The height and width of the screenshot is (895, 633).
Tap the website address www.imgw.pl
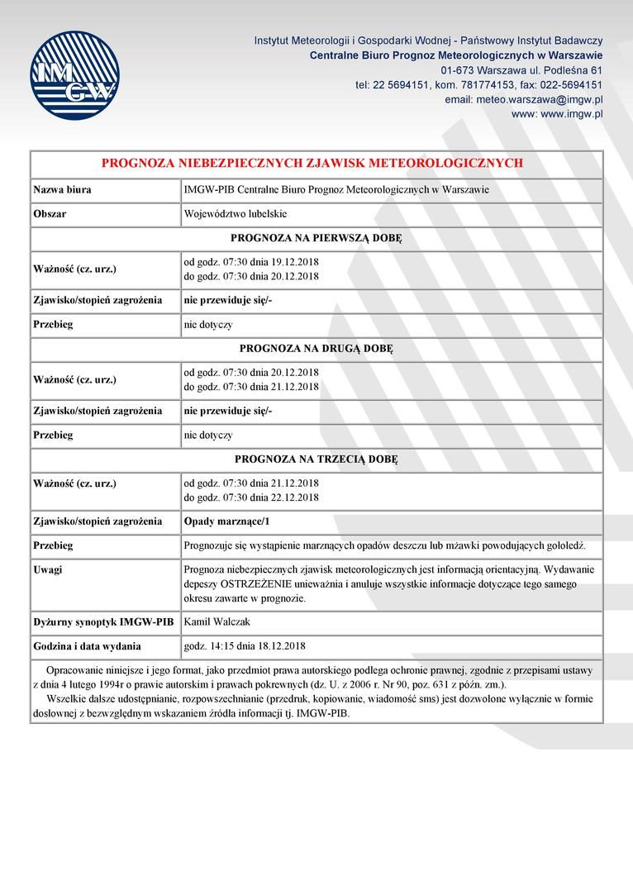[557, 114]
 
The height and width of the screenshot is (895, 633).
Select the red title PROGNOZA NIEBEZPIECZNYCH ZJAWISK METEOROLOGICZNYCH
[312, 164]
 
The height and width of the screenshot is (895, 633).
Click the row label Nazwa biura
[62, 190]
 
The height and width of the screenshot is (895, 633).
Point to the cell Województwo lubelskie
[235, 214]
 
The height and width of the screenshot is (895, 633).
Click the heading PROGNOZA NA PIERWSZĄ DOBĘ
[316, 238]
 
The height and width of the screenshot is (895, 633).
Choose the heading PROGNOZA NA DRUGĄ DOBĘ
[316, 348]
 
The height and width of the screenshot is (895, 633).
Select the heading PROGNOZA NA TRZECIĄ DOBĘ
[316, 459]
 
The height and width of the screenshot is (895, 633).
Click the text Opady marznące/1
[226, 521]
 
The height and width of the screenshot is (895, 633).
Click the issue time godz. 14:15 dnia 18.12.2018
[245, 646]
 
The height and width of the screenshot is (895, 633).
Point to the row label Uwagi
[48, 569]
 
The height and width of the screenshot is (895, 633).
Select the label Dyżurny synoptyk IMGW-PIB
[103, 621]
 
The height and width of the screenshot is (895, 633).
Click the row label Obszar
[50, 214]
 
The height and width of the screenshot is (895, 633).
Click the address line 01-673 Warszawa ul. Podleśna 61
[521, 69]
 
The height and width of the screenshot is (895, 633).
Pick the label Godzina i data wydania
[87, 646]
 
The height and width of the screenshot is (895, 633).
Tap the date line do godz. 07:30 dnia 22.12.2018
[250, 497]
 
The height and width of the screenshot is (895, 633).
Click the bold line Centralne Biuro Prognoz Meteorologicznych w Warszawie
[456, 55]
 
